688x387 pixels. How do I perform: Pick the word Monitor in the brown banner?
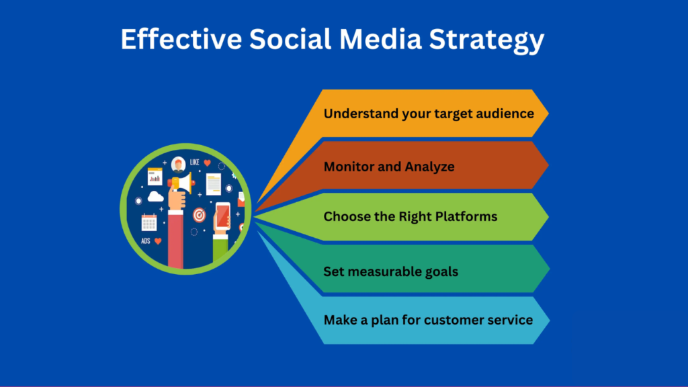pyautogui.click(x=349, y=166)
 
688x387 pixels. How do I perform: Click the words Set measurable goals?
pyautogui.click(x=391, y=271)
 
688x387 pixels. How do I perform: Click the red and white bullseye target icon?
pyautogui.click(x=199, y=215)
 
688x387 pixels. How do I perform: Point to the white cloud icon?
pyautogui.click(x=155, y=197)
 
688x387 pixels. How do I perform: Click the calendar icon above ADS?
pyautogui.click(x=148, y=222)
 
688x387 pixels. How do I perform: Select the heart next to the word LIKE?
pyautogui.click(x=208, y=163)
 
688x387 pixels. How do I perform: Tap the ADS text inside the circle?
pyautogui.click(x=146, y=241)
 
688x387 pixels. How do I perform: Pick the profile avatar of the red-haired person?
pyautogui.click(x=178, y=163)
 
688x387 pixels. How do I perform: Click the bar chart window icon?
pyautogui.click(x=155, y=176)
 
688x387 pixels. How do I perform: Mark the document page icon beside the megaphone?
pyautogui.click(x=213, y=183)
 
